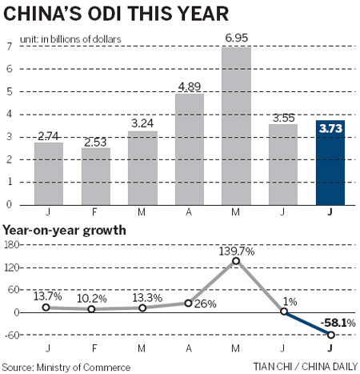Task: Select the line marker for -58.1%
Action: (330, 336)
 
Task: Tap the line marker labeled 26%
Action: (189, 304)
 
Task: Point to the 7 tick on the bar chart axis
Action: (8, 46)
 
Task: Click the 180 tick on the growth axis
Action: (12, 244)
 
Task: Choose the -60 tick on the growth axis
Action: (12, 335)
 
